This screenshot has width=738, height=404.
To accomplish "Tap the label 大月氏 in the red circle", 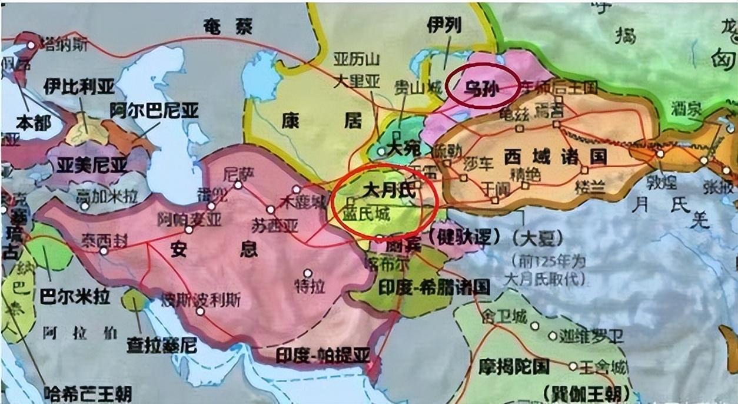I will (x=389, y=191).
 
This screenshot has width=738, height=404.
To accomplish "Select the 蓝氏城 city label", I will (x=367, y=215).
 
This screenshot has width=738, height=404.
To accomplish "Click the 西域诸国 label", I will (x=555, y=157).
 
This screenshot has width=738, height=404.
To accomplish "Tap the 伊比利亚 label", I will (x=79, y=87).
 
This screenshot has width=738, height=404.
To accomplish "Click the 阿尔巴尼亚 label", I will (x=154, y=110).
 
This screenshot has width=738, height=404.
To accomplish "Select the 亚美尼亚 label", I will (x=92, y=165).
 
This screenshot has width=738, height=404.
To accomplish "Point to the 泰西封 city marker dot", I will (x=104, y=251).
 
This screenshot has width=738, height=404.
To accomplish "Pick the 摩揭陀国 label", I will (x=513, y=366).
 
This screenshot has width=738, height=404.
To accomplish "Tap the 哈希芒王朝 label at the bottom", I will (x=88, y=393).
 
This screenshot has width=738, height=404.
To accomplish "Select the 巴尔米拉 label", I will (x=75, y=296).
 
